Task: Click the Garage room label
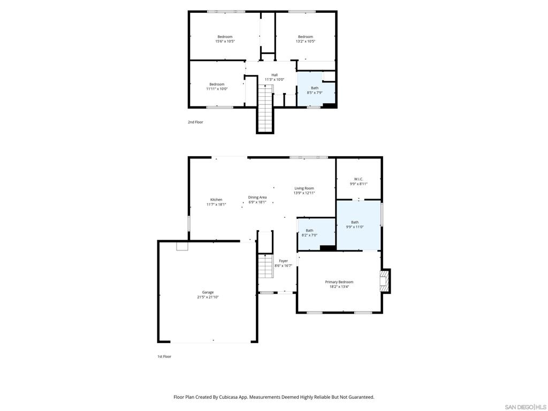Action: click(208, 292)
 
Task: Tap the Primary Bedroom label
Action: click(339, 282)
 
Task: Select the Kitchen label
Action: click(216, 200)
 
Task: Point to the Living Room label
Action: click(304, 188)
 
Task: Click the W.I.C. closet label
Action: click(359, 179)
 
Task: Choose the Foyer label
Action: click(284, 261)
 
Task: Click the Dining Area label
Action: click(257, 197)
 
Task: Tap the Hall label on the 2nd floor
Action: click(275, 75)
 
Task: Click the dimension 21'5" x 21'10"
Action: click(208, 297)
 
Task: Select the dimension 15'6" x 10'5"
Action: click(225, 41)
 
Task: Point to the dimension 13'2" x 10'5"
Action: click(306, 41)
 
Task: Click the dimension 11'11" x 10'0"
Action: click(217, 89)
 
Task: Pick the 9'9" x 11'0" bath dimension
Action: click(355, 227)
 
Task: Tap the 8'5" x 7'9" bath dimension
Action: click(315, 93)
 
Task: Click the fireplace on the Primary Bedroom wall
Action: click(385, 280)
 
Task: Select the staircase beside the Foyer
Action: click(265, 267)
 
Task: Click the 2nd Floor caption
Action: click(195, 122)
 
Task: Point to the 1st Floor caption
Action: click(164, 356)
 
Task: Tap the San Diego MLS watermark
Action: click(526, 407)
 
